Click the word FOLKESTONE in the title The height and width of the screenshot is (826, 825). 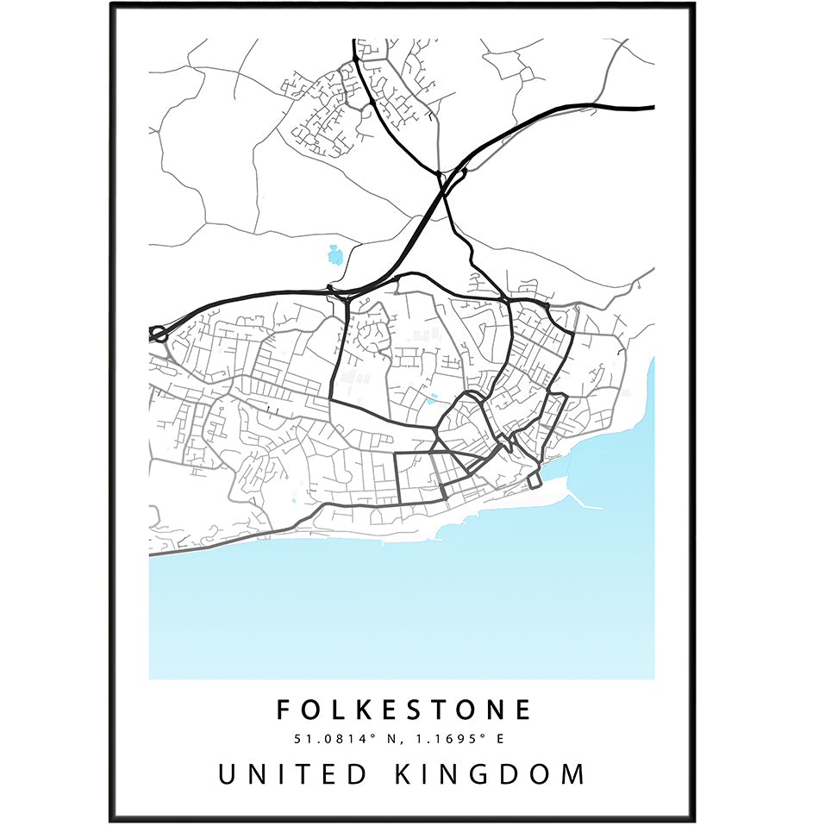tap(403, 710)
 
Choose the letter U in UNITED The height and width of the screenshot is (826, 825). tap(228, 773)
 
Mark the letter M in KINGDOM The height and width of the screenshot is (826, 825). tap(572, 773)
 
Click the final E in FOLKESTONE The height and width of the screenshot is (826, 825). tap(523, 710)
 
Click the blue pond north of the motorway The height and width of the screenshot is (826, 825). tap(334, 254)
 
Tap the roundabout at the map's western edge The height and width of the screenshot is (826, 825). tap(158, 333)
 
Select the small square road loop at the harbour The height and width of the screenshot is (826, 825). tap(534, 479)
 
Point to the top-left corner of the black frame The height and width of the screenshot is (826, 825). tap(112, 5)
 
